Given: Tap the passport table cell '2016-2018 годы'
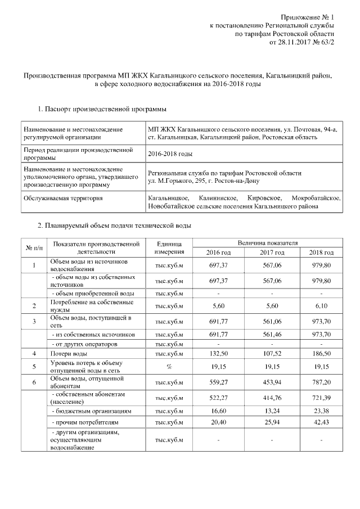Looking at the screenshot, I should pyautogui.click(x=169, y=154).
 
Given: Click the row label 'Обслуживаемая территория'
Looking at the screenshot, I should pyautogui.click(x=62, y=199).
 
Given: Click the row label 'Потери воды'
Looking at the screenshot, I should pyautogui.click(x=69, y=354).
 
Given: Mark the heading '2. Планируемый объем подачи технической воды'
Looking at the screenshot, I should pyautogui.click(x=114, y=226).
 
